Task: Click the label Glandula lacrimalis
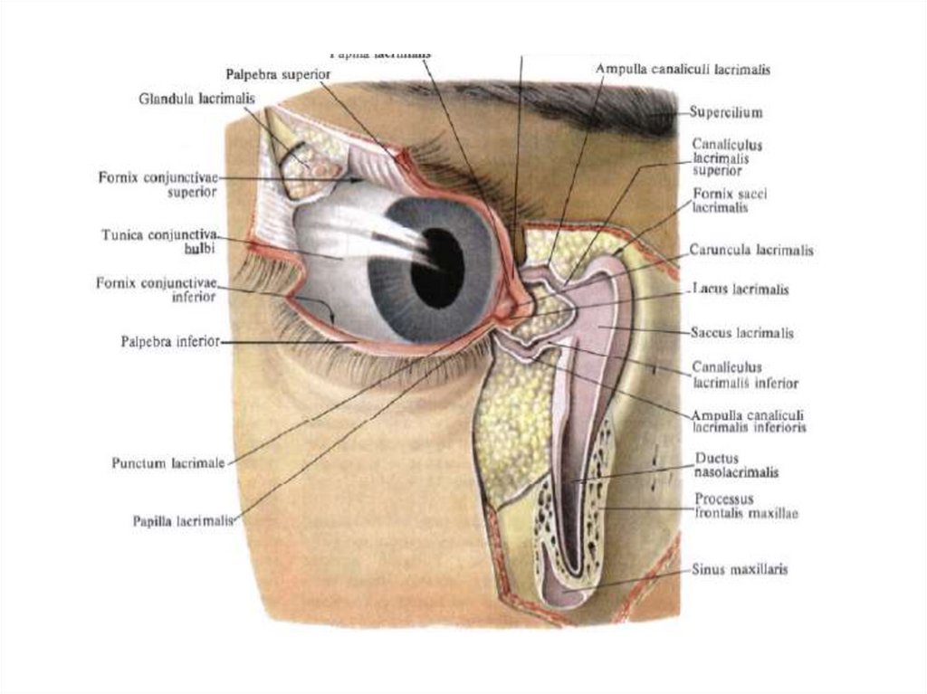pyautogui.click(x=196, y=98)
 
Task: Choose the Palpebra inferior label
pyautogui.click(x=169, y=342)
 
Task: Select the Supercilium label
pyautogui.click(x=725, y=113)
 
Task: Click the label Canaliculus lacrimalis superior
pyautogui.click(x=726, y=157)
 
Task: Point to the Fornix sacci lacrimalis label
pyautogui.click(x=730, y=200)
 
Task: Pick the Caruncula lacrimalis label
pyautogui.click(x=750, y=250)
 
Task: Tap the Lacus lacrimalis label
pyautogui.click(x=740, y=290)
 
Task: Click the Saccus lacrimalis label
pyautogui.click(x=741, y=333)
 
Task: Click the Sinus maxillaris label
pyautogui.click(x=739, y=570)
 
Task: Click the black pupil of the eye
pyautogui.click(x=437, y=268)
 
